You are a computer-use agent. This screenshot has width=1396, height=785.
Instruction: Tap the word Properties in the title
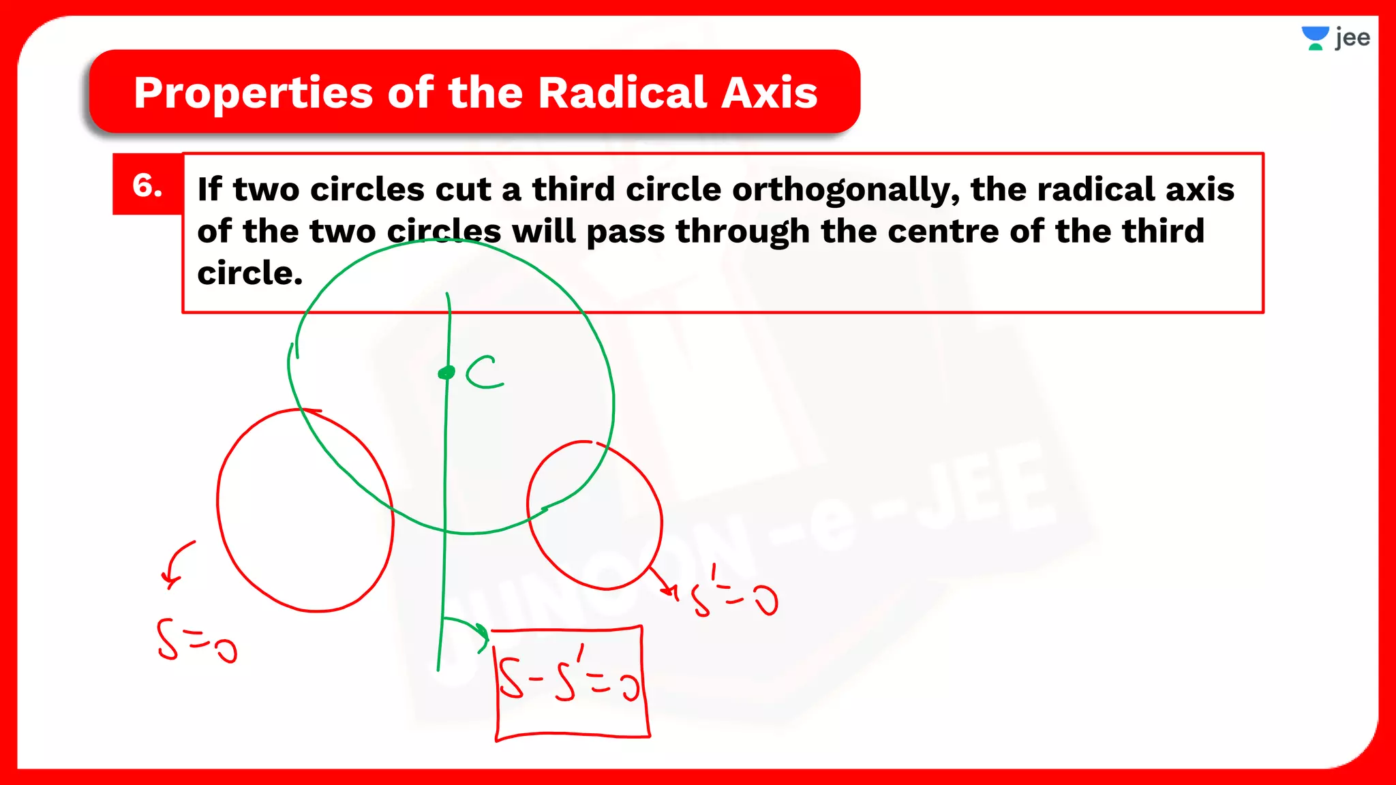pyautogui.click(x=253, y=93)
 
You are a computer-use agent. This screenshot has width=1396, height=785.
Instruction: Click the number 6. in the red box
pyautogui.click(x=147, y=185)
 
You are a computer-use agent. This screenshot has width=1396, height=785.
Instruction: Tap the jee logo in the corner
pyautogui.click(x=1335, y=38)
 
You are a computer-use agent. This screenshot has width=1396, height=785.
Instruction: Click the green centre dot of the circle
pyautogui.click(x=446, y=372)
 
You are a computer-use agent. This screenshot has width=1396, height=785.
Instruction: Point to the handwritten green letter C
pyautogui.click(x=485, y=372)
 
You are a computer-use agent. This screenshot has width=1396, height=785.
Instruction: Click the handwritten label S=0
pyautogui.click(x=196, y=641)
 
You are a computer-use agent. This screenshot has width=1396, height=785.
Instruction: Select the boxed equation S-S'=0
pyautogui.click(x=570, y=681)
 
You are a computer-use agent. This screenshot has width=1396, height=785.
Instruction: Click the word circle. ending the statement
pyautogui.click(x=249, y=273)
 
